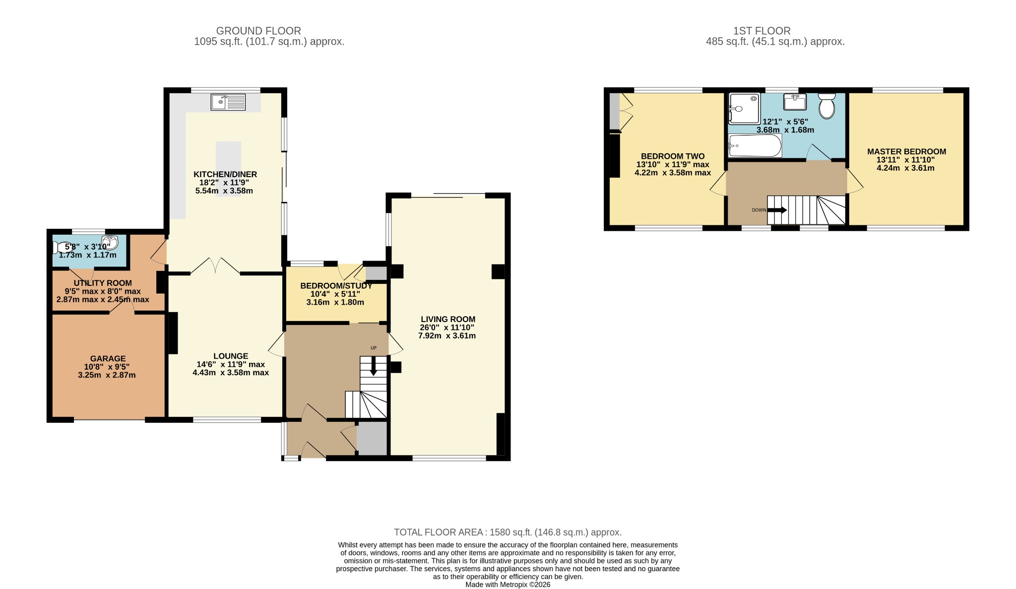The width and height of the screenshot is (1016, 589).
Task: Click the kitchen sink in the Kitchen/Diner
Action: [x=228, y=102]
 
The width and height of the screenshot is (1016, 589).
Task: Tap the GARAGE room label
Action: [x=108, y=358]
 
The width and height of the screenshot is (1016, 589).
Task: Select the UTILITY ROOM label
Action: [x=103, y=283]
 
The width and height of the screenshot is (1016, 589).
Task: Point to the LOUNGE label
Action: [x=231, y=356]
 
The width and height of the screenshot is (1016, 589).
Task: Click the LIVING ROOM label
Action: [x=448, y=319]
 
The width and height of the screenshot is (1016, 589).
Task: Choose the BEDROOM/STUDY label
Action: [x=336, y=286]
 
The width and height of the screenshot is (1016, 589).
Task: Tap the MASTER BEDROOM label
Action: [x=906, y=151]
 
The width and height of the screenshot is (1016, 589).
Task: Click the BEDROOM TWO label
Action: [x=673, y=156]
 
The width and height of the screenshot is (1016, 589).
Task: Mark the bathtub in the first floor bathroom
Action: [x=755, y=146]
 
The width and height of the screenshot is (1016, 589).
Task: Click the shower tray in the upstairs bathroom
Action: [x=744, y=108]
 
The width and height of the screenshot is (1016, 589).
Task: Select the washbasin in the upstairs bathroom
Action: [x=795, y=102]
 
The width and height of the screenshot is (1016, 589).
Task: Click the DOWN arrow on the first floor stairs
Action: [x=777, y=210]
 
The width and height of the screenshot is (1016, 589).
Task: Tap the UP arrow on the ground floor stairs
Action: [x=374, y=366]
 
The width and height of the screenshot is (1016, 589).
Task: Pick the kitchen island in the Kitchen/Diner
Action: [x=228, y=169]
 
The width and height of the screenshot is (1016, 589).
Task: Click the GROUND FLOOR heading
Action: [x=258, y=31]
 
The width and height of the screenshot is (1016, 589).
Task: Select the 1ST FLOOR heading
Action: [x=762, y=31]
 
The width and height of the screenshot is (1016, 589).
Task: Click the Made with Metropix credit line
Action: [x=508, y=585]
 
